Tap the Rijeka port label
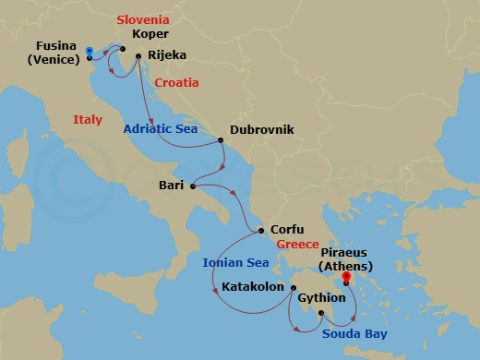click(x=168, y=55)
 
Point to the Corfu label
click(x=287, y=231)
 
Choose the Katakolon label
click(x=253, y=287)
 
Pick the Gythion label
click(x=322, y=298)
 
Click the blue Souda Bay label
click(x=354, y=333)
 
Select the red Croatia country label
click(x=176, y=82)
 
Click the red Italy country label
click(x=89, y=118)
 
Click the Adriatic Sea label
click(x=162, y=130)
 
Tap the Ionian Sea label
click(x=235, y=262)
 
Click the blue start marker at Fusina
click(x=90, y=51)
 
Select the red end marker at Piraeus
click(x=346, y=275)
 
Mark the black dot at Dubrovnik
click(x=221, y=141)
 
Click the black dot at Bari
click(x=193, y=186)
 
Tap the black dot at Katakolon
click(x=291, y=287)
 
